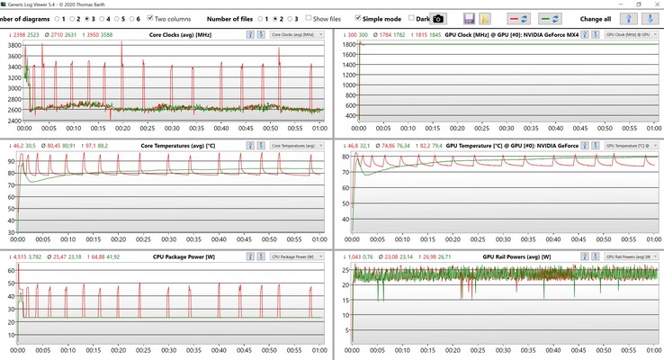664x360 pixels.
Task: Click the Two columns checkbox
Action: click(x=150, y=18)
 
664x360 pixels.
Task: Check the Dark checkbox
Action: click(x=412, y=18)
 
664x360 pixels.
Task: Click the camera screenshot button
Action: click(x=438, y=18)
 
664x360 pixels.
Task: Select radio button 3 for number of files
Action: click(x=290, y=18)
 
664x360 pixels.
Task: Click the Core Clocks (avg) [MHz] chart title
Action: click(x=179, y=34)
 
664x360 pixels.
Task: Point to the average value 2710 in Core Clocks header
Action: click(x=62, y=34)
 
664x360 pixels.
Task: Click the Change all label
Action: click(x=596, y=18)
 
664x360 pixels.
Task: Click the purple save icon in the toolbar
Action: click(x=470, y=18)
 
